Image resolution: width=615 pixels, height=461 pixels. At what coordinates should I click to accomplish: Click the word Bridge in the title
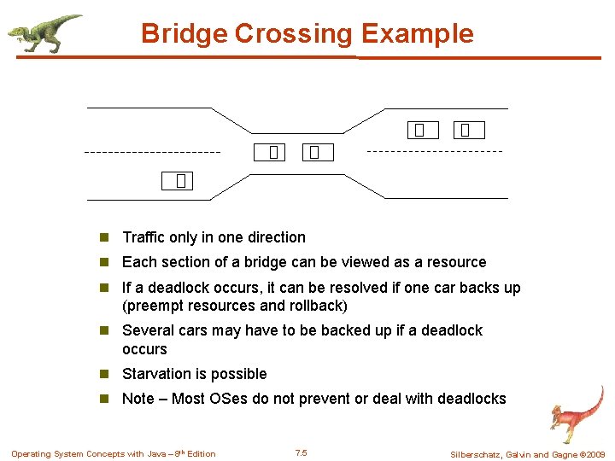184,33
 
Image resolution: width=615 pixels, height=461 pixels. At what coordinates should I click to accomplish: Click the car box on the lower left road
180,180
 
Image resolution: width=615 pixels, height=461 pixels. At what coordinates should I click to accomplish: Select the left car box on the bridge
272,153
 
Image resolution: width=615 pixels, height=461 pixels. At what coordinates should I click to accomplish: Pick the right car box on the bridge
315,153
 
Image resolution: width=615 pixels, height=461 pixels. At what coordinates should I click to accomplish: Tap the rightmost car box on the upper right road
468,130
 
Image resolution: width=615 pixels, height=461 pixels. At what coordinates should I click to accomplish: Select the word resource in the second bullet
457,262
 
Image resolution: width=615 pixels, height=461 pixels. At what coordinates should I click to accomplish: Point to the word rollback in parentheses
316,306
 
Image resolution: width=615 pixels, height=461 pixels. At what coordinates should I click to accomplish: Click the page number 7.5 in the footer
301,453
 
